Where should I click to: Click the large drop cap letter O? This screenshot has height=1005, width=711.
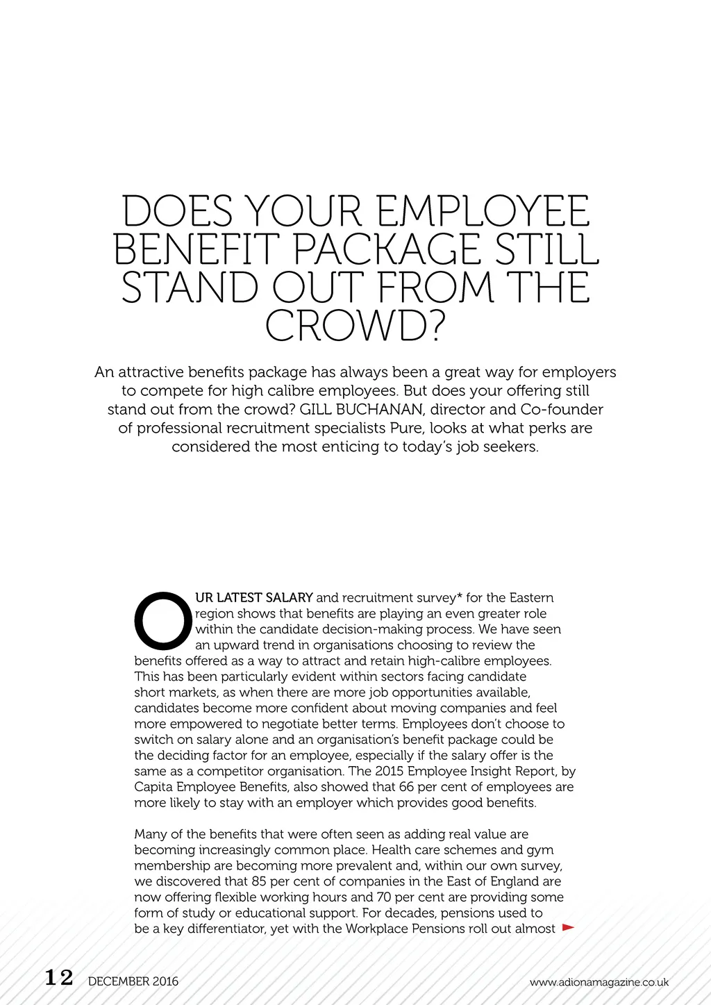[161, 619]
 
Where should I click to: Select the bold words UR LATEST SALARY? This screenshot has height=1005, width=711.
[254, 598]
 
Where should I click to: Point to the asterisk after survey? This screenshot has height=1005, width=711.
[458, 597]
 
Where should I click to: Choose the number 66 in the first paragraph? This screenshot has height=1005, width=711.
[407, 787]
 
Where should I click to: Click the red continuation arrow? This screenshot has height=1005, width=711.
[568, 927]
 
